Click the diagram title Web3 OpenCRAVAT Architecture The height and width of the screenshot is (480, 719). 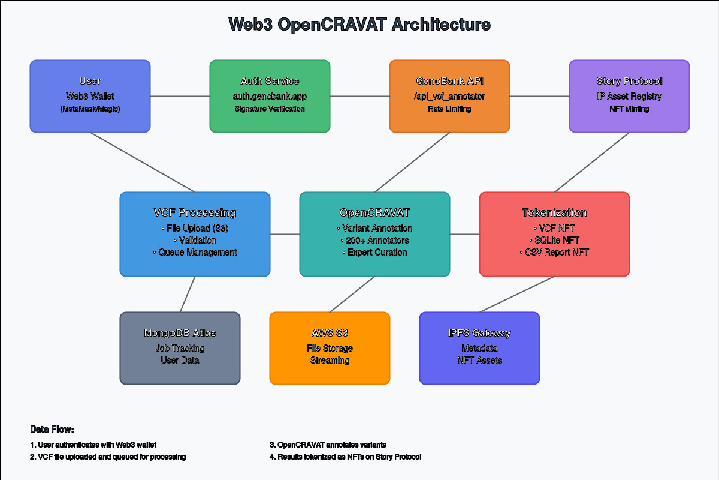[359, 25]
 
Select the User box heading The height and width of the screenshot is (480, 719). [90, 81]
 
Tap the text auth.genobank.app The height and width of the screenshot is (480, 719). [270, 96]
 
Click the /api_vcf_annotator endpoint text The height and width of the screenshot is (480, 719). [449, 96]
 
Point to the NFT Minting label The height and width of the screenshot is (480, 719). [629, 109]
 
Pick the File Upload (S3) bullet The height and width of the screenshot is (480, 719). [195, 228]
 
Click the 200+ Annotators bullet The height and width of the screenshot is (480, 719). [374, 240]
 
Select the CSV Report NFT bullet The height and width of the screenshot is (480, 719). [554, 252]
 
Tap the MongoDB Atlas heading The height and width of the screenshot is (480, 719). [180, 333]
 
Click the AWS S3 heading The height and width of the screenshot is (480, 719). [330, 333]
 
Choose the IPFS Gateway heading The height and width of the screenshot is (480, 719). [479, 333]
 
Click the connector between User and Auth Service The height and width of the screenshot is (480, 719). [180, 96]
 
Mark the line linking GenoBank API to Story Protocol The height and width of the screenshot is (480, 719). [539, 96]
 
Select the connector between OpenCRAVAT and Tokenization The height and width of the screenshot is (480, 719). [464, 234]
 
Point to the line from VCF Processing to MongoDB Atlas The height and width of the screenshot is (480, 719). [188, 294]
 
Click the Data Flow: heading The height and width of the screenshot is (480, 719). [52, 430]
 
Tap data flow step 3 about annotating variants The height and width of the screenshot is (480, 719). [328, 445]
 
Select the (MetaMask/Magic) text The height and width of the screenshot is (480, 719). [90, 109]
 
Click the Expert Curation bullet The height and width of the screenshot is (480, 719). [374, 252]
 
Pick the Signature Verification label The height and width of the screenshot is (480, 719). [270, 109]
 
